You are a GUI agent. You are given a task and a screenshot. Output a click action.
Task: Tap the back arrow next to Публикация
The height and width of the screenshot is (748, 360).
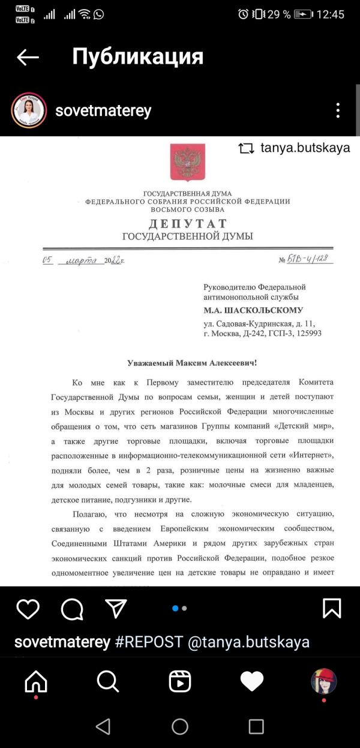(28, 57)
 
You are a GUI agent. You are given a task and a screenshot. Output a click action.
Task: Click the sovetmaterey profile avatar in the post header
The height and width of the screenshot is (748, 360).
(29, 110)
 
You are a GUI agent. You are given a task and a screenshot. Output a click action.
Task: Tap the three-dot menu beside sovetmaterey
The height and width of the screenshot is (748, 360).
(338, 110)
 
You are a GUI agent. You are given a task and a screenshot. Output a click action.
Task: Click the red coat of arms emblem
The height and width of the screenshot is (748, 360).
(188, 162)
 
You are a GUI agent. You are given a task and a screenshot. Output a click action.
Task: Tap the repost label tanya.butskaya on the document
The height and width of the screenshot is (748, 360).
(305, 148)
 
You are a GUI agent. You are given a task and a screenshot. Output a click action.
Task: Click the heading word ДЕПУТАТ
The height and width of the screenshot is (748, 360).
(188, 224)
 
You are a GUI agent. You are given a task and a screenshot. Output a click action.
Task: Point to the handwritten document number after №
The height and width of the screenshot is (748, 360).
(311, 259)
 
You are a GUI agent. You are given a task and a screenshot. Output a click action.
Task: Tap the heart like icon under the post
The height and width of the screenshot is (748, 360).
(28, 609)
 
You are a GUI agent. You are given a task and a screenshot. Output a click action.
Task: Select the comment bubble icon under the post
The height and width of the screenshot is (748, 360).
(72, 609)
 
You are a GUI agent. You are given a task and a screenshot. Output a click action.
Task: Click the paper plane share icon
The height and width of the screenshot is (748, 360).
(116, 608)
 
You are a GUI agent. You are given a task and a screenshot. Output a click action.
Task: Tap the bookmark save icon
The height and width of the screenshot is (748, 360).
(332, 609)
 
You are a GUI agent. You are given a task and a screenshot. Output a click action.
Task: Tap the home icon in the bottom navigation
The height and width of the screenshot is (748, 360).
(36, 681)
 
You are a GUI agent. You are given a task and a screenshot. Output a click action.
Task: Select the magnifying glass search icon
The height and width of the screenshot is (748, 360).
(108, 681)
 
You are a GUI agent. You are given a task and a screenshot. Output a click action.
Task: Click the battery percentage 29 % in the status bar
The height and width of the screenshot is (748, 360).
(278, 14)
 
